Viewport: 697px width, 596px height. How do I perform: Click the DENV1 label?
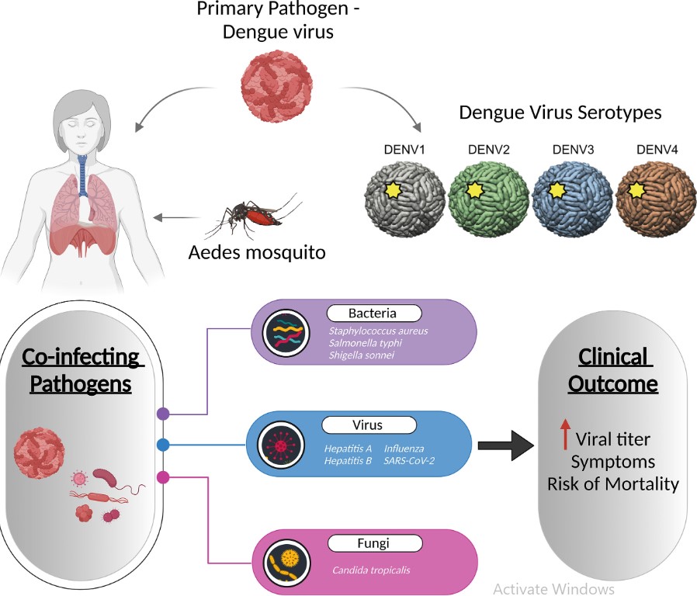[404, 150]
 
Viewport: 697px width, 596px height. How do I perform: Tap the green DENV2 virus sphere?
[488, 198]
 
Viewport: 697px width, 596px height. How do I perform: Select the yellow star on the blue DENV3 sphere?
[557, 190]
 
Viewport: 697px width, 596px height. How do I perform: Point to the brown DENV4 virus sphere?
[656, 199]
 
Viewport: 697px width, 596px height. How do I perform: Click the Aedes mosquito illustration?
[253, 216]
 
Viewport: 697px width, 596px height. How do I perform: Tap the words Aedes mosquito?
[257, 252]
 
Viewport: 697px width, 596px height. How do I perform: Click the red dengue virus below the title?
[276, 85]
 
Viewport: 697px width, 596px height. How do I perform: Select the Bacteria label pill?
[374, 314]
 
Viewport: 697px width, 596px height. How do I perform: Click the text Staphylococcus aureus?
[378, 331]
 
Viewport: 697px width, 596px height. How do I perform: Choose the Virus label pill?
[369, 425]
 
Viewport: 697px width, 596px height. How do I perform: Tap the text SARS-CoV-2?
[409, 461]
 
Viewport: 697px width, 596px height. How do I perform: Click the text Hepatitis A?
[348, 449]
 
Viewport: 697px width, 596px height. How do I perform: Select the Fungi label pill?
[375, 543]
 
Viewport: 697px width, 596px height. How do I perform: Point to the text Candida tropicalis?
[371, 570]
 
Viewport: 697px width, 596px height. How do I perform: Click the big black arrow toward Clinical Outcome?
[506, 445]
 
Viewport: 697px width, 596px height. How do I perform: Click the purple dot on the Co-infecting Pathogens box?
[163, 414]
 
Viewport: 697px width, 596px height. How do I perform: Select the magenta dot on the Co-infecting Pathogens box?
[163, 477]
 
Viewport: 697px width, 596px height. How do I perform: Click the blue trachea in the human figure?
[83, 176]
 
